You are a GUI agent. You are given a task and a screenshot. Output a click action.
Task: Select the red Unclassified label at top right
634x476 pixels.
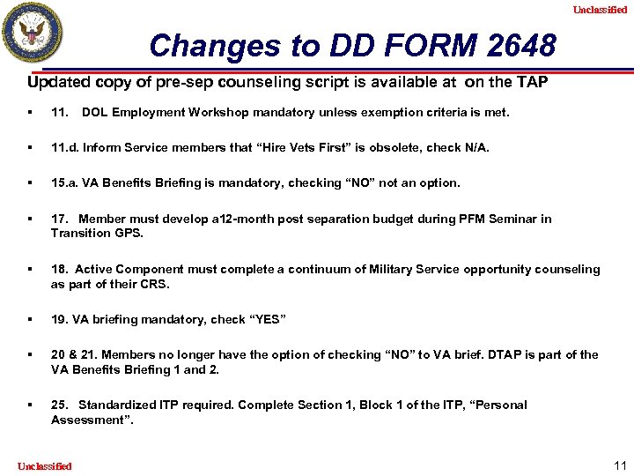[600, 10]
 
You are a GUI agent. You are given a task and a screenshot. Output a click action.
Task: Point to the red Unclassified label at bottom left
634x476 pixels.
[44, 465]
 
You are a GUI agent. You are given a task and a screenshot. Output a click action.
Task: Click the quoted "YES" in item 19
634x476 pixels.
[266, 319]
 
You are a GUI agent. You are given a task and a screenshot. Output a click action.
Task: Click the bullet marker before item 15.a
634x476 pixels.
[31, 182]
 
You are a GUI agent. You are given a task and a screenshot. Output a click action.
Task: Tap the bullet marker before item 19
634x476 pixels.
[31, 319]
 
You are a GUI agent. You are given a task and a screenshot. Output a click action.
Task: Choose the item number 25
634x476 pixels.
[60, 405]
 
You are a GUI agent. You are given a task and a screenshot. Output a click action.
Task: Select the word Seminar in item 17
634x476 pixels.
[516, 219]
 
